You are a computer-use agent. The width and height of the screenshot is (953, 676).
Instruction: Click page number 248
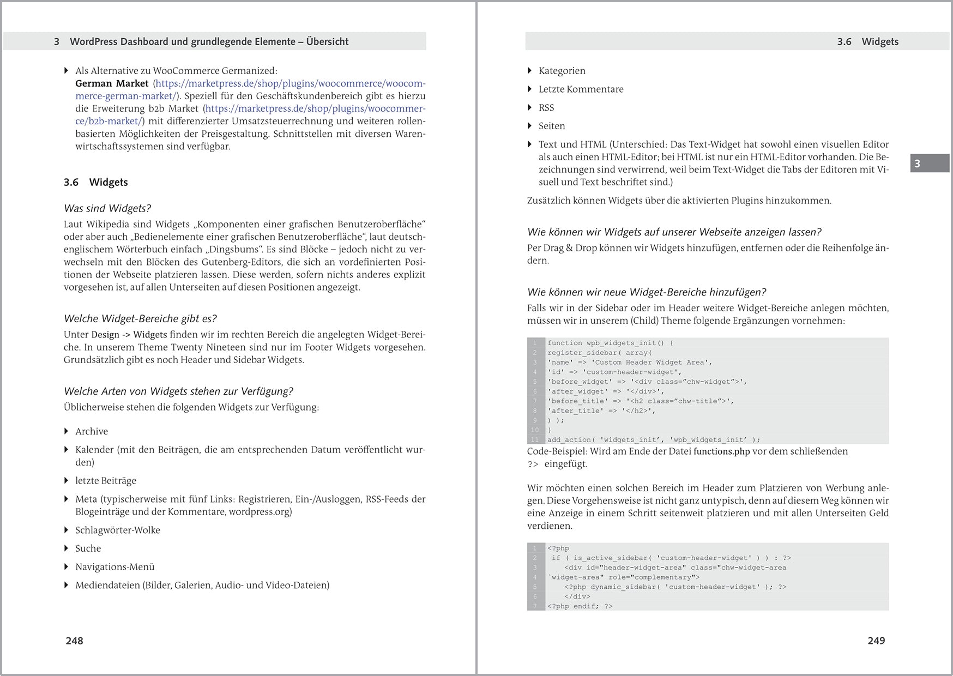74,641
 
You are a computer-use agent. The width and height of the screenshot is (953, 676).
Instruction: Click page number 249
876,641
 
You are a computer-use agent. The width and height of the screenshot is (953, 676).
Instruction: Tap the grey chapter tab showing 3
929,164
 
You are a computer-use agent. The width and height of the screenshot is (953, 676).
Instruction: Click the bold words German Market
112,83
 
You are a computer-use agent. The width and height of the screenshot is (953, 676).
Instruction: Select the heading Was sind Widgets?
107,208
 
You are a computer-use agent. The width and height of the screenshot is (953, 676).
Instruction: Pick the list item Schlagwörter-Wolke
118,530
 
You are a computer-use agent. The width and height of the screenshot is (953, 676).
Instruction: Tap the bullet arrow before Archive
67,431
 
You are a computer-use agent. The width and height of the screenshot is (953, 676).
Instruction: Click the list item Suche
88,548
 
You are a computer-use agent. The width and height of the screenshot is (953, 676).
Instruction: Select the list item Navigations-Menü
115,567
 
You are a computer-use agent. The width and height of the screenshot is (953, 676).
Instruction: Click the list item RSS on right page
546,107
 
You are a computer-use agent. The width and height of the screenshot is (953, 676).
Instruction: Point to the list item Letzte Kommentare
581,89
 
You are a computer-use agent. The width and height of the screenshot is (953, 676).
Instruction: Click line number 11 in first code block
534,440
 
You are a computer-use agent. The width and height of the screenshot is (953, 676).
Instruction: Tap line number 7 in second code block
535,606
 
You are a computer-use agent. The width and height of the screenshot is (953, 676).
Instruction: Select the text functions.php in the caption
721,451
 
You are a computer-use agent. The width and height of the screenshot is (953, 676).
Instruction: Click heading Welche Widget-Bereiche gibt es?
140,318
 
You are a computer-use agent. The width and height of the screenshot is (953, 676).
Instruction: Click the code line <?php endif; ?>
580,606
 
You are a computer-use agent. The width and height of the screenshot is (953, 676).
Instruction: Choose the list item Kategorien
562,71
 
